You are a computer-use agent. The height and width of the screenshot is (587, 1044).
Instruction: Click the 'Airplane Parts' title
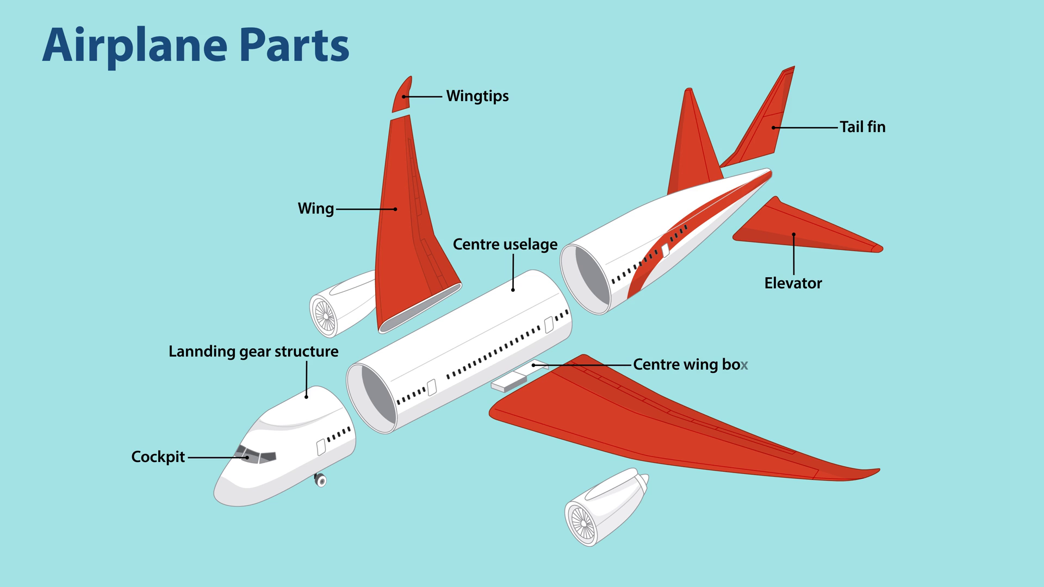tap(196, 46)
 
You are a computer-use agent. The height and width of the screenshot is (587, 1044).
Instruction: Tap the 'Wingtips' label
tap(477, 96)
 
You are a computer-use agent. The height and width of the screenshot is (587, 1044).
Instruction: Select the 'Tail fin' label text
tap(862, 127)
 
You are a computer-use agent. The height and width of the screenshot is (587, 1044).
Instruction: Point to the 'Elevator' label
tap(793, 283)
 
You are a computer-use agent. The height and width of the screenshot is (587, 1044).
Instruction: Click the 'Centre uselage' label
tap(505, 245)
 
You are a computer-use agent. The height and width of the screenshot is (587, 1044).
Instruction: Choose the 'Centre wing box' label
tap(691, 365)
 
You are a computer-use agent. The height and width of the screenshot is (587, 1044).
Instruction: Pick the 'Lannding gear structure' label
tap(253, 352)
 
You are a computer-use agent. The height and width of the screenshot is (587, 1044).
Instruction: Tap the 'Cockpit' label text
tap(158, 457)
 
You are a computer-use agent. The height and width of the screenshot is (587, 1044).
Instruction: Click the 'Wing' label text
tap(316, 209)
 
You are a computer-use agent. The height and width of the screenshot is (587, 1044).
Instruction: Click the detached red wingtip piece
tap(402, 95)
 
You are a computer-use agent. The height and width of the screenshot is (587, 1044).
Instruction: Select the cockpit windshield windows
tap(256, 454)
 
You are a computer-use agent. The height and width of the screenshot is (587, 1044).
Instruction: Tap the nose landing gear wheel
tap(321, 480)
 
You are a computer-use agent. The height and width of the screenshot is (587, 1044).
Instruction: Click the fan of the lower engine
tap(582, 523)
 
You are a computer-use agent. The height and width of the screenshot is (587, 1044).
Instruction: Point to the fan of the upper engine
tap(325, 316)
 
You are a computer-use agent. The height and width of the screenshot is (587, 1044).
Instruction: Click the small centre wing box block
tap(509, 382)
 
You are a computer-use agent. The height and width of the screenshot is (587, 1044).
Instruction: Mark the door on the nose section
tap(321, 447)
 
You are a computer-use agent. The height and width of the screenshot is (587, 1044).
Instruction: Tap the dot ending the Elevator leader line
tap(794, 234)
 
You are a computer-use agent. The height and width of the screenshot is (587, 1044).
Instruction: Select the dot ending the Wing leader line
tap(395, 209)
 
